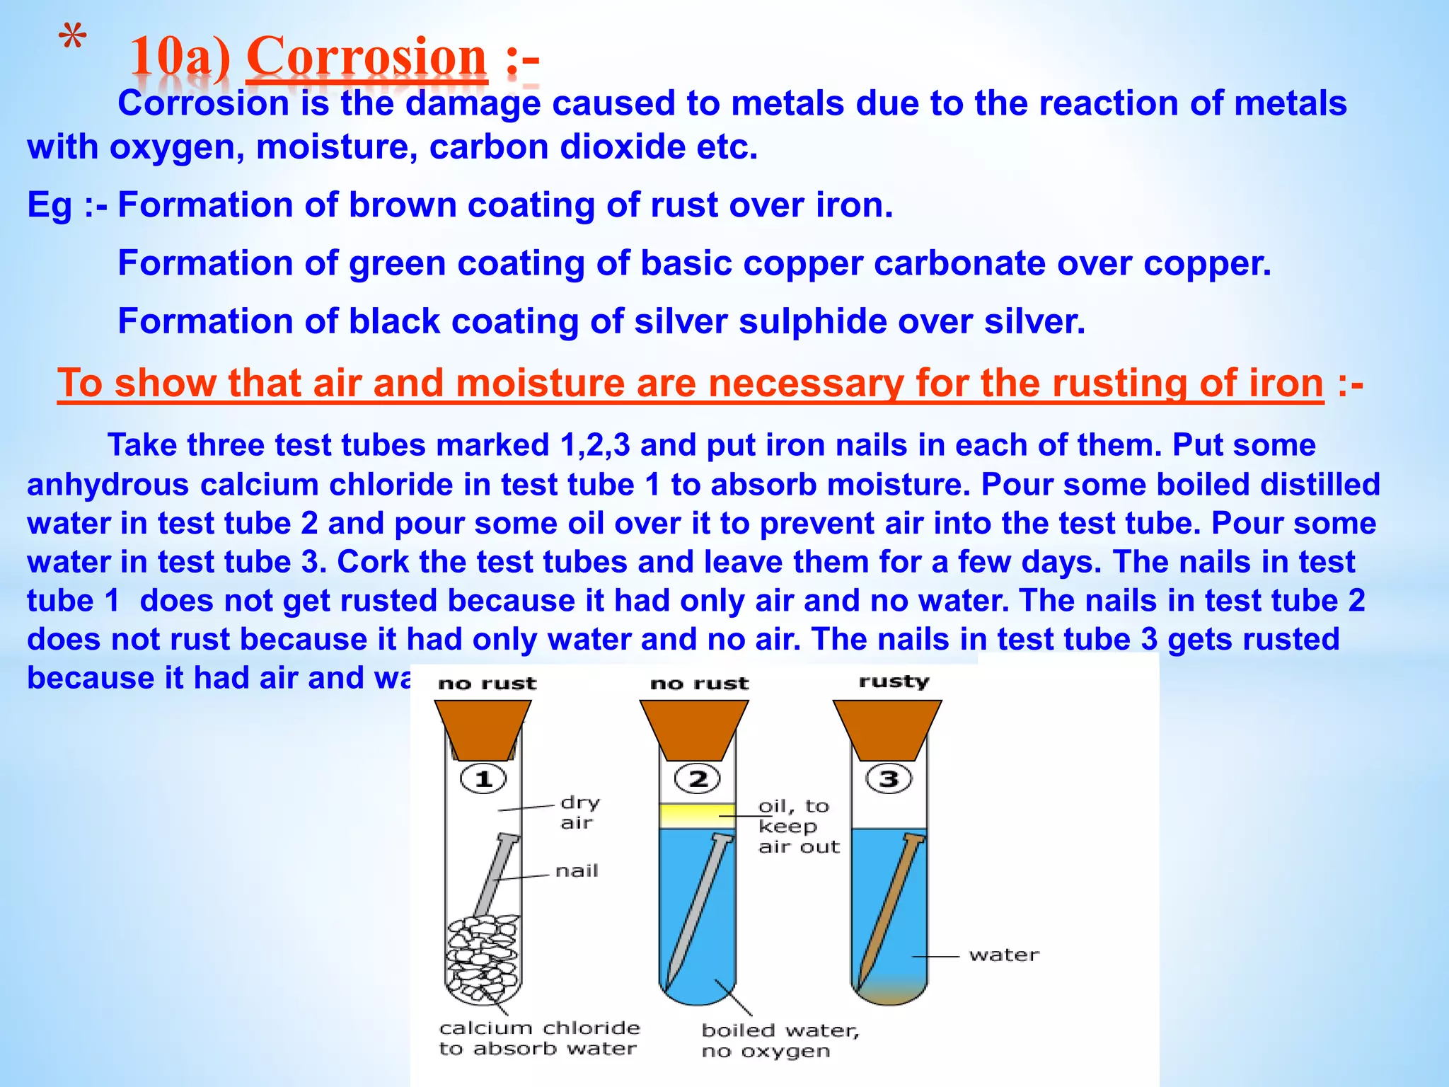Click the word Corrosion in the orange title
coord(366,57)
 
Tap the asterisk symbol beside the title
coord(72,40)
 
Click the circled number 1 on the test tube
coord(483,779)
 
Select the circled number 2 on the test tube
coord(698,779)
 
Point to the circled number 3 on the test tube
coord(889,779)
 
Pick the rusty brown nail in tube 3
coord(890,913)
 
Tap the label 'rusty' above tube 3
coord(894,681)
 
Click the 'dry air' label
coord(579,812)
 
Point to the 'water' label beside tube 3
coord(1004,955)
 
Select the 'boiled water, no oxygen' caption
coord(780,1040)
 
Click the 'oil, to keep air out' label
coord(798,826)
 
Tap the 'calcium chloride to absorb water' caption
coord(539,1038)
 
